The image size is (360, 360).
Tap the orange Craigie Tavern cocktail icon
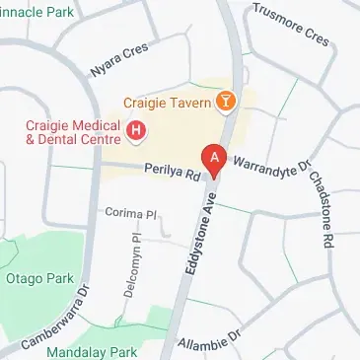point(227,102)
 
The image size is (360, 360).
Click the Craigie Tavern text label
point(168,102)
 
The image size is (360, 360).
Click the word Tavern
point(192,102)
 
